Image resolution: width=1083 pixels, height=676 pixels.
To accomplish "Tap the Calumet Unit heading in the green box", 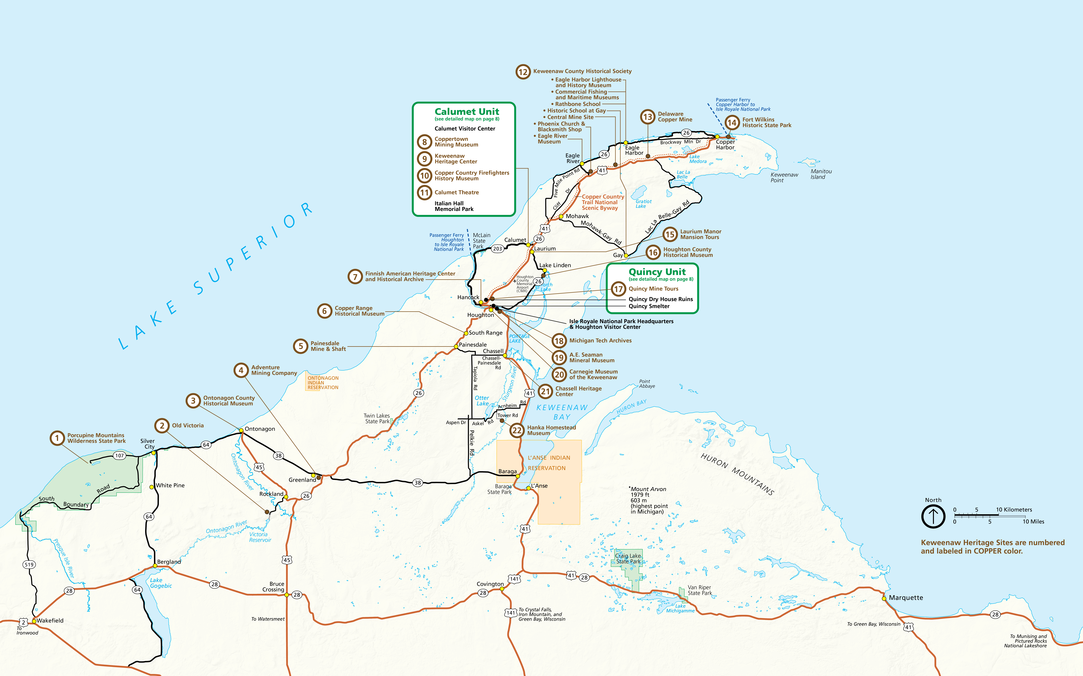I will [x=467, y=112].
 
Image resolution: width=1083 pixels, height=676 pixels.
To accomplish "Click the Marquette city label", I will [x=906, y=598].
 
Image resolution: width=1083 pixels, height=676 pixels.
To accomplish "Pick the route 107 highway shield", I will [x=119, y=456].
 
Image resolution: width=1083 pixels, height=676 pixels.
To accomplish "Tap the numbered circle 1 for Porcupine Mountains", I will [x=57, y=438].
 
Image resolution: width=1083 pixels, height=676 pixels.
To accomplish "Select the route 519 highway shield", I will [x=29, y=565].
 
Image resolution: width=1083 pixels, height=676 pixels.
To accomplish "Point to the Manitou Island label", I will [x=821, y=174].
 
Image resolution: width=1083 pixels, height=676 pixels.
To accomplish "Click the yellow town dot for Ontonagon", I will [x=241, y=430].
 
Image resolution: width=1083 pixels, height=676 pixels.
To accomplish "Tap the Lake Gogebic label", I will [x=161, y=583].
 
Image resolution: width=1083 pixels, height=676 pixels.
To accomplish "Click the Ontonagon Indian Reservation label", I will [x=323, y=383].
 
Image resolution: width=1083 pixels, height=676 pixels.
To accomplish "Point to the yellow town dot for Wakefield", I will [x=34, y=621].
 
